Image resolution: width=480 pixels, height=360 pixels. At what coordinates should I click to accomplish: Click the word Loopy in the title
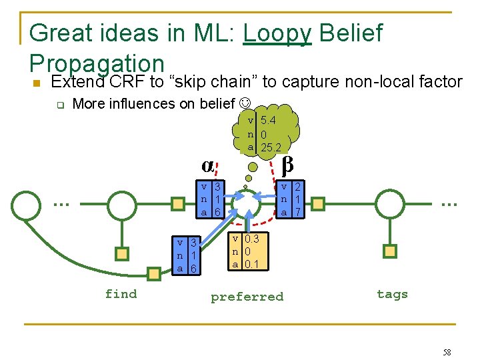277,33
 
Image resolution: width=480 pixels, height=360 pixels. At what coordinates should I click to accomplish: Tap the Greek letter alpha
208,164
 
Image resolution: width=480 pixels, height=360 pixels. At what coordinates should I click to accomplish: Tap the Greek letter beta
287,162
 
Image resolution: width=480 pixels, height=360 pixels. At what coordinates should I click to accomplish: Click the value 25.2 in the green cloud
271,147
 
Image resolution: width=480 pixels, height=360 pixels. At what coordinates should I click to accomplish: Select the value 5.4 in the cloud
268,121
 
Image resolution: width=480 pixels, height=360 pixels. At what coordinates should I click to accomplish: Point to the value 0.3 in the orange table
252,239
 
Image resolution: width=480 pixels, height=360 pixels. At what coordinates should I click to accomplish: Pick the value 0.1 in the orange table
252,264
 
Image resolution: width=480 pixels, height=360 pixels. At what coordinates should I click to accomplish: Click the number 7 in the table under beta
297,212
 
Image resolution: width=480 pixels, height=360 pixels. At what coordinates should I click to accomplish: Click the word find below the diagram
121,294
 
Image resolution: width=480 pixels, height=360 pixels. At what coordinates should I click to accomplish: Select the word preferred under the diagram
247,297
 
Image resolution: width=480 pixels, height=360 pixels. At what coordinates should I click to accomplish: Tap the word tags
392,294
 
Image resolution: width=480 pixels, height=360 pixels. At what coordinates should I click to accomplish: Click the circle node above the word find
122,204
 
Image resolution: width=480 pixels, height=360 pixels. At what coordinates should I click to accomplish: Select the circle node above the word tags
391,203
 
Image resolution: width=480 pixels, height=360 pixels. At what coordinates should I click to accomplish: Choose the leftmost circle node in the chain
25,204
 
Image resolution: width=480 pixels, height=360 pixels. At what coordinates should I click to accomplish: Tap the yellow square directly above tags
390,251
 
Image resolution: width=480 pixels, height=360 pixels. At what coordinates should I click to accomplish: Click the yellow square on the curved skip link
154,272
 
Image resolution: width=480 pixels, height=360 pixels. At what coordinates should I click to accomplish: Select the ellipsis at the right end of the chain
448,202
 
